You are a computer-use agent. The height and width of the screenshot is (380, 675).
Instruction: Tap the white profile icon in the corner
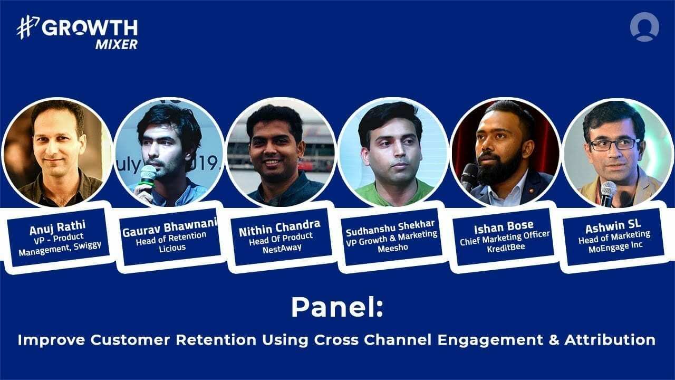(644, 27)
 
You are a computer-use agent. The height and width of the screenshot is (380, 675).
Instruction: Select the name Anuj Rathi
(51, 230)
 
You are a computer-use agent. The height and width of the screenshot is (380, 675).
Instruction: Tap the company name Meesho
(392, 246)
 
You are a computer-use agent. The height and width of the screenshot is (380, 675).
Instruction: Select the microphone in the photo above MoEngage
(608, 190)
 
